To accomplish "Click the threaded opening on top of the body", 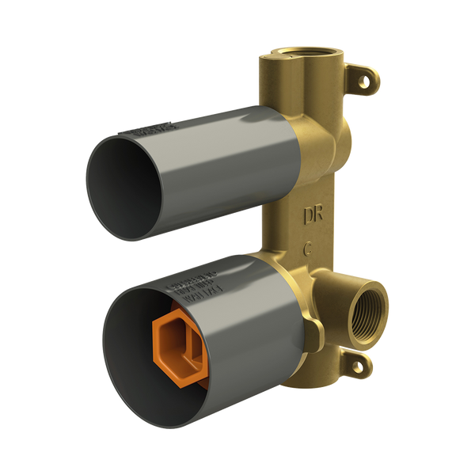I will pos(305,52).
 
